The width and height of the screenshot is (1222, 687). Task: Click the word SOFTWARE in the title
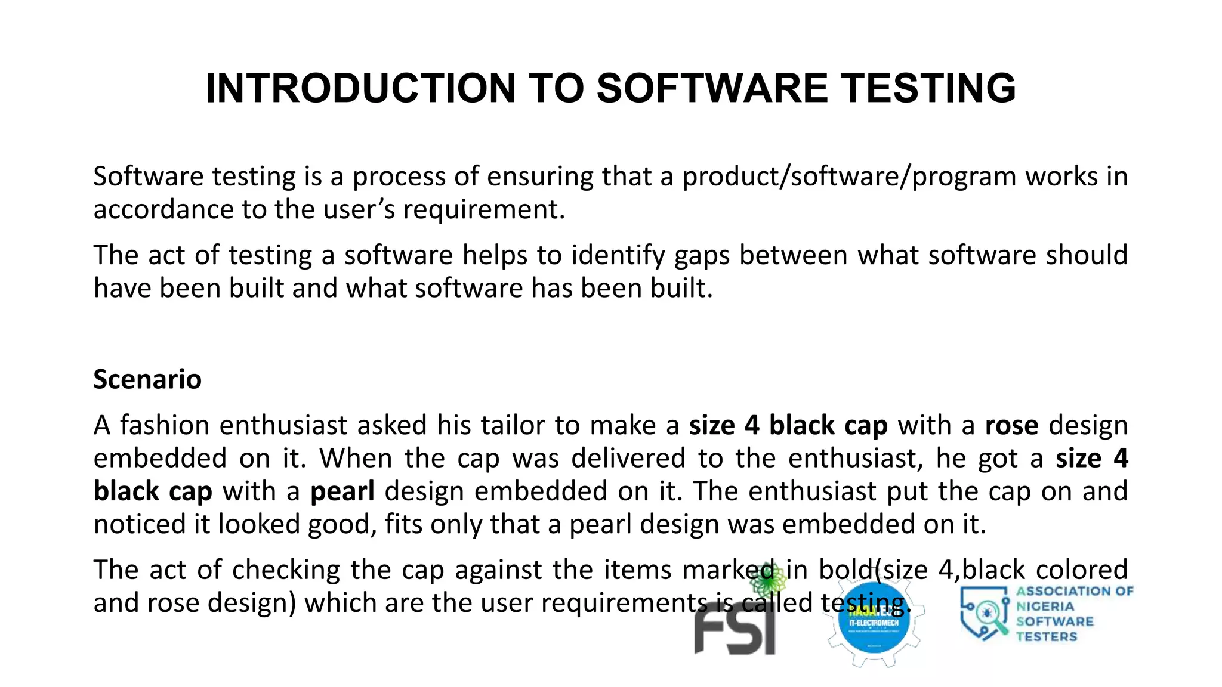(712, 88)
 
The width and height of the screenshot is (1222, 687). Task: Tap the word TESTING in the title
(928, 88)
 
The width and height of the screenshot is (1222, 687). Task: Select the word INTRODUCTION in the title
(360, 88)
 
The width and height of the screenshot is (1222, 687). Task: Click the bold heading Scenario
(147, 379)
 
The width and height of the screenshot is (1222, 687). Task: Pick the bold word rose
(1011, 425)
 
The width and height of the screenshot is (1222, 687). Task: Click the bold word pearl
(342, 491)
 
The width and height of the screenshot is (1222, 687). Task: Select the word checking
(286, 570)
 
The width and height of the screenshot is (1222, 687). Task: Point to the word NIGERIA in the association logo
(1045, 606)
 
